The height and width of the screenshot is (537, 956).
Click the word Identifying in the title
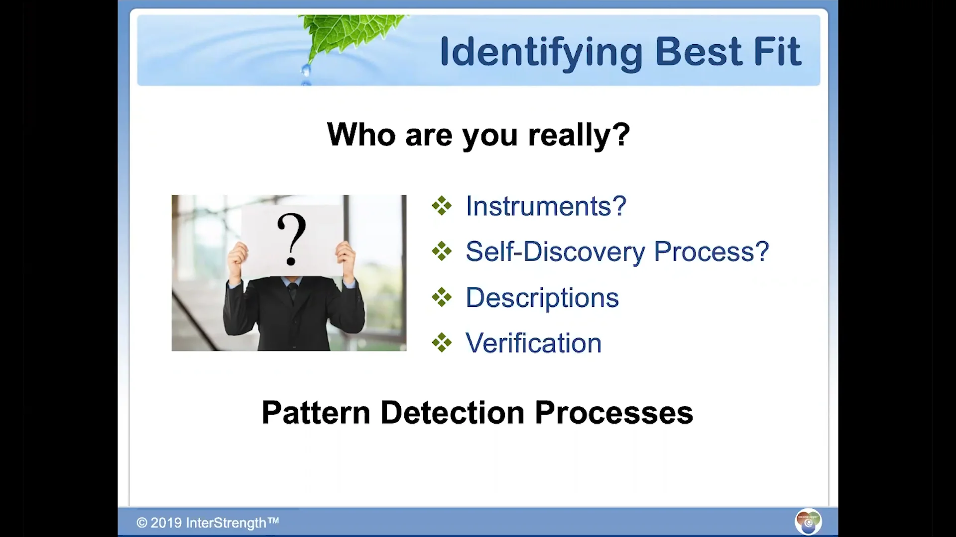[541, 52]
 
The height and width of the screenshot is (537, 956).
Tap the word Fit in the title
[778, 51]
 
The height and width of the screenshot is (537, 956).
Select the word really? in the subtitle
[579, 135]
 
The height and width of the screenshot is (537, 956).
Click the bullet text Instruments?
[546, 206]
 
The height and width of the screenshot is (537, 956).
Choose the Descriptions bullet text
[542, 298]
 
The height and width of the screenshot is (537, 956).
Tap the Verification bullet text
[534, 343]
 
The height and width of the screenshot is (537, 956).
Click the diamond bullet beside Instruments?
[442, 206]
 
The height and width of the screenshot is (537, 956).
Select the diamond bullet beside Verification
[442, 343]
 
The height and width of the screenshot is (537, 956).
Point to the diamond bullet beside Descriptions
[442, 297]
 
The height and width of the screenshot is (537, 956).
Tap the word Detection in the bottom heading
[453, 413]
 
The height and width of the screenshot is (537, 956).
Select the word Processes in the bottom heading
[614, 413]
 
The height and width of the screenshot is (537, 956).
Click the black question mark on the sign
[291, 239]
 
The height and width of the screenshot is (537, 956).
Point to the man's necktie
[292, 291]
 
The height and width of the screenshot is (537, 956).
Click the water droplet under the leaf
[306, 71]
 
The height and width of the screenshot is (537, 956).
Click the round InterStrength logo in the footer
[808, 522]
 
